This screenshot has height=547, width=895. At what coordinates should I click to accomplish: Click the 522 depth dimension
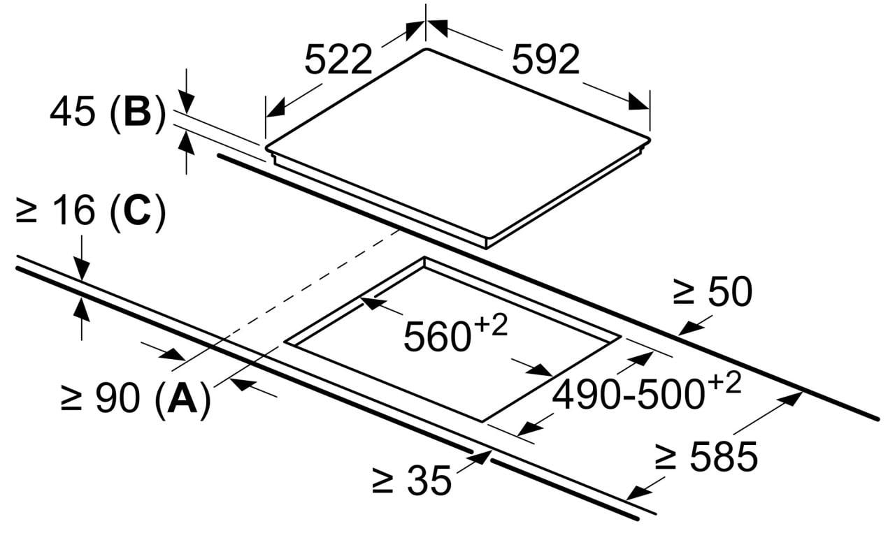coord(338,60)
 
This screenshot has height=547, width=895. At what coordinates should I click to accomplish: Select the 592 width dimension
coord(545,60)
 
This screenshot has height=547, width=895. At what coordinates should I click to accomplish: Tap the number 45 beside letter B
coord(72,112)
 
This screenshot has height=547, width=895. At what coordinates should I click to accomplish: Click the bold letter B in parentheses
coord(138,112)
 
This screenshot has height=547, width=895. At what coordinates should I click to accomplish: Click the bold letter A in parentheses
coord(182,398)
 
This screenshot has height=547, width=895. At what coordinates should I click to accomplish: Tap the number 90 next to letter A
coord(118,398)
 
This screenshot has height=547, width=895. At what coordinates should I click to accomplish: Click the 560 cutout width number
coord(437,337)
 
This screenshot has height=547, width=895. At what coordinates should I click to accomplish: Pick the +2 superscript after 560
coord(491,326)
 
